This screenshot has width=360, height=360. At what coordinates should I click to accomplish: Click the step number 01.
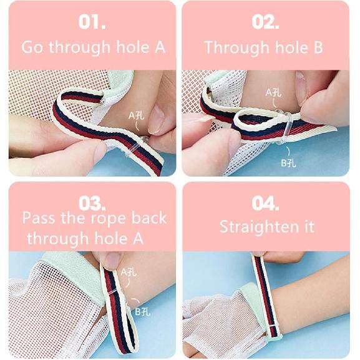[92, 22]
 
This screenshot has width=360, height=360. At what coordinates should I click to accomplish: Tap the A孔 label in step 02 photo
[274, 93]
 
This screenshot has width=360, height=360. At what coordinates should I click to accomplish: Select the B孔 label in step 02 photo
[288, 163]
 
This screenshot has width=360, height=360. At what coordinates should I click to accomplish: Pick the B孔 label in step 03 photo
[142, 311]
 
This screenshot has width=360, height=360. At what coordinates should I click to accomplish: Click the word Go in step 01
[33, 47]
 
